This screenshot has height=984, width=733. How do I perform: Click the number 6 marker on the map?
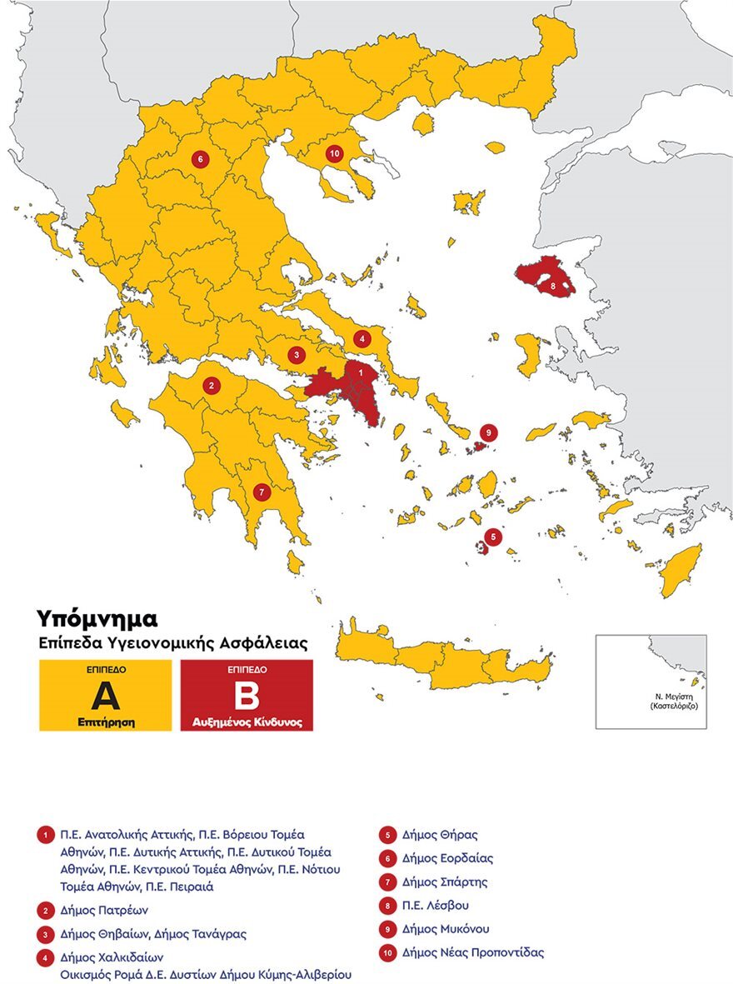coord(199,158)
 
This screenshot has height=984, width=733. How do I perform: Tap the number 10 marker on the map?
coord(334,153)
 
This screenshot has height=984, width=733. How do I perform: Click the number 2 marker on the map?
coord(212,385)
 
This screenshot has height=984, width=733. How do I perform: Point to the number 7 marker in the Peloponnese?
coord(262,492)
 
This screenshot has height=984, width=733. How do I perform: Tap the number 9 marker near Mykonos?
coord(488,432)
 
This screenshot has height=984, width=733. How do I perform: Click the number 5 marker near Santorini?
coord(493,537)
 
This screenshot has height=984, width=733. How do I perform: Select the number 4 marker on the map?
coord(361,338)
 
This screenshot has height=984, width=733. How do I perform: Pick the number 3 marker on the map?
coord(297,355)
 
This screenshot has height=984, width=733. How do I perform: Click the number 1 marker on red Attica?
coord(360,374)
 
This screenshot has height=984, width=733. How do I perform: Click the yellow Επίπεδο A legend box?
coord(105,695)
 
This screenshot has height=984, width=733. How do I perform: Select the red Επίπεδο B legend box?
coord(247,695)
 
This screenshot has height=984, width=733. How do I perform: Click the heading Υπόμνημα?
coord(96,618)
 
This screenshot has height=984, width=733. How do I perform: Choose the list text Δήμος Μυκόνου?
coord(445,928)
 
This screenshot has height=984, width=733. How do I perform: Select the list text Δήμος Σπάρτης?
coord(444,882)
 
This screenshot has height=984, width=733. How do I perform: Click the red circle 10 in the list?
coord(387,952)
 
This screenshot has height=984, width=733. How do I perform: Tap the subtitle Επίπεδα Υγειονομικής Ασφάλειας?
coord(172,643)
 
